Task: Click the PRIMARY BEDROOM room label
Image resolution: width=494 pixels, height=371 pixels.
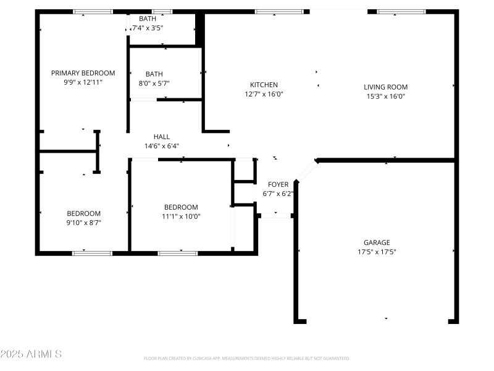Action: [83, 73]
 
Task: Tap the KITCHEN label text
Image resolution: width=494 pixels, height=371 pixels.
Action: [264, 85]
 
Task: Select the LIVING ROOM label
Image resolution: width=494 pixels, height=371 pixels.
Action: [385, 87]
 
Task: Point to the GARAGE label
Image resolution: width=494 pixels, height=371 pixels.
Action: [376, 242]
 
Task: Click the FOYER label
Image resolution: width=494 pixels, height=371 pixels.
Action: [278, 184]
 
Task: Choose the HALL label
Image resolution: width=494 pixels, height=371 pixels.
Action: [162, 137]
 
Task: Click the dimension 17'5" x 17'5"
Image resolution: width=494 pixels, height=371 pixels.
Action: [376, 252]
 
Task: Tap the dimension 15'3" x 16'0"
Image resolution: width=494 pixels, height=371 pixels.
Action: [385, 96]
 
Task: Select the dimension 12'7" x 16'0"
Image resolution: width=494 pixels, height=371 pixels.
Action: [264, 94]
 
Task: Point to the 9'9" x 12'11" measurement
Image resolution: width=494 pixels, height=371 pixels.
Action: [83, 82]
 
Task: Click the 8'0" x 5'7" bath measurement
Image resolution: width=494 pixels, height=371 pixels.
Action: [154, 83]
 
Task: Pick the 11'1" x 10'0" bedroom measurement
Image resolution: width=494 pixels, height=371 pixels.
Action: [180, 216]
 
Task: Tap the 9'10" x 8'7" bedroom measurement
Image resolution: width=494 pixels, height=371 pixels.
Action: [83, 222]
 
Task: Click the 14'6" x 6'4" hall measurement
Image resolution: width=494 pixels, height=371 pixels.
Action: [162, 146]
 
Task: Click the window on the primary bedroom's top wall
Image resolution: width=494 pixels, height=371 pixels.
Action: [93, 11]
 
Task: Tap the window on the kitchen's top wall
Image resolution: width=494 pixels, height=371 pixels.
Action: [279, 11]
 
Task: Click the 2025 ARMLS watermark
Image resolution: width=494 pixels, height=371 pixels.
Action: [31, 354]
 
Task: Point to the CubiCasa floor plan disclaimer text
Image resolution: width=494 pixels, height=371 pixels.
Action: [247, 358]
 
